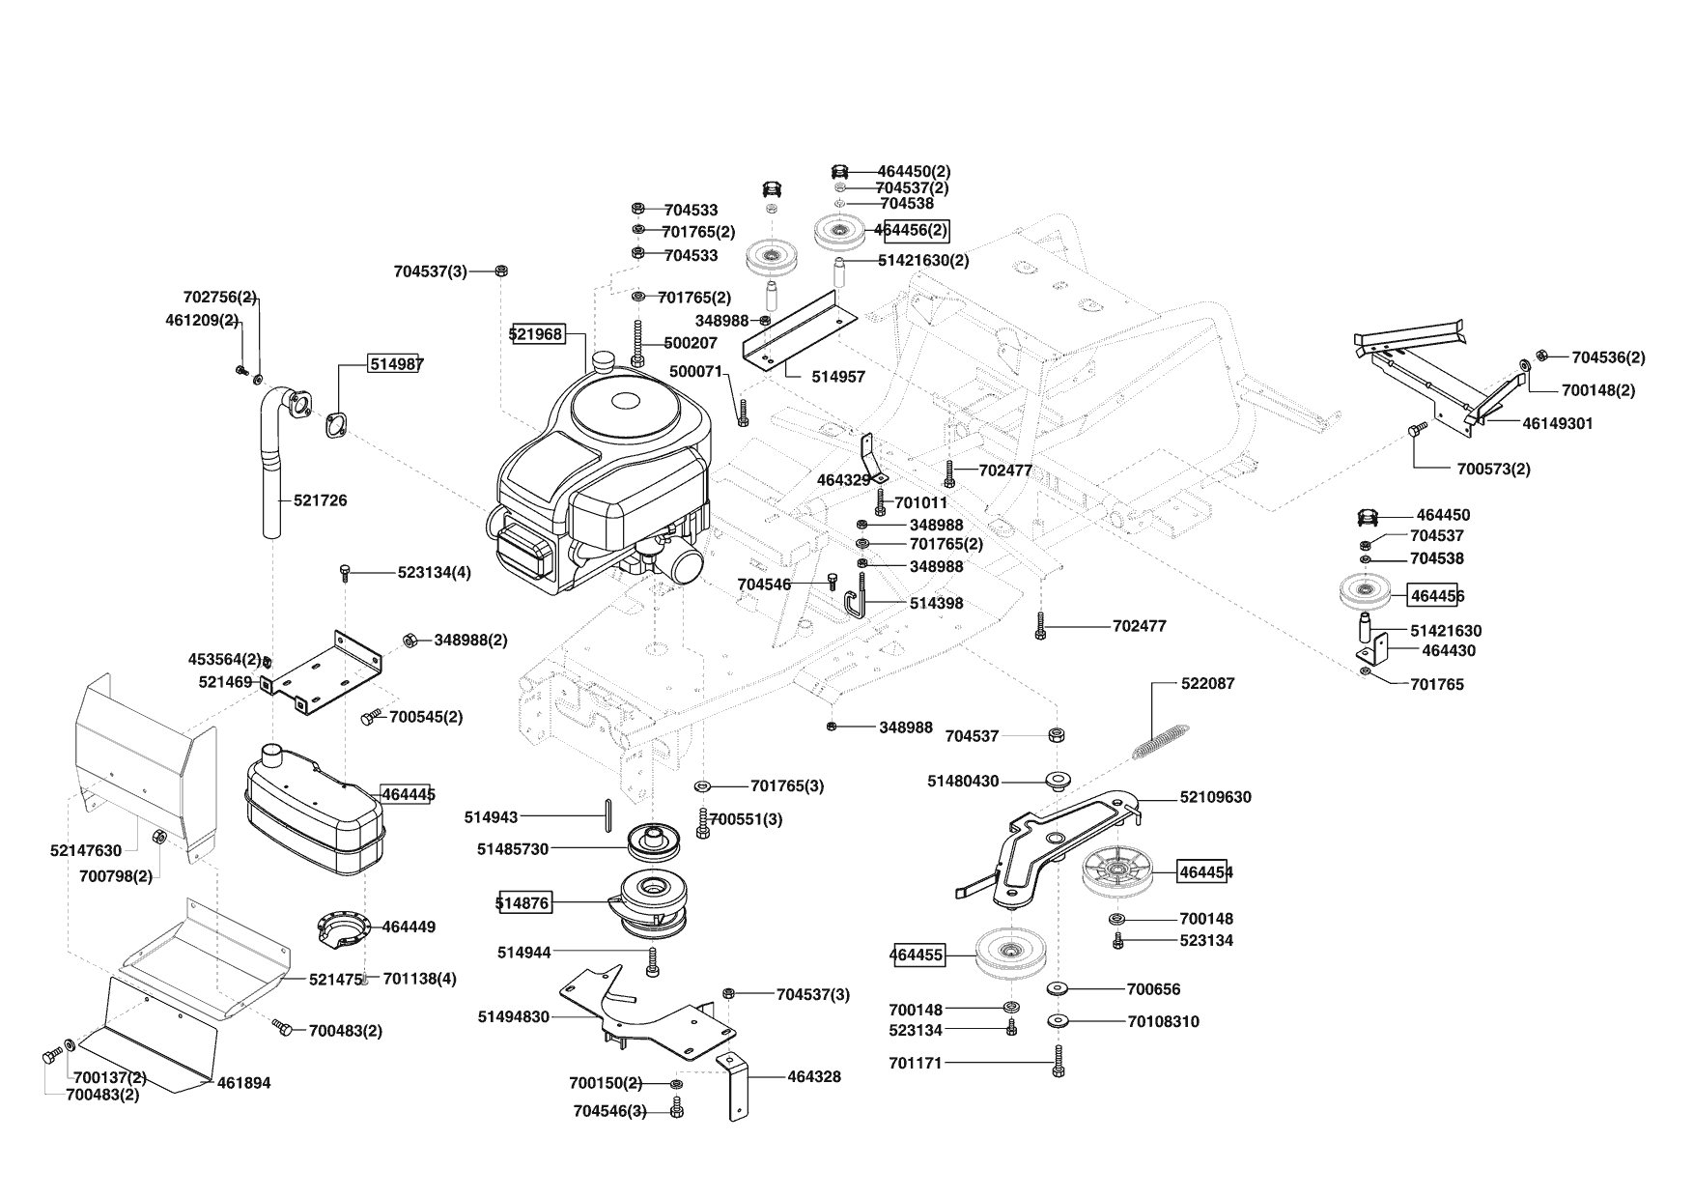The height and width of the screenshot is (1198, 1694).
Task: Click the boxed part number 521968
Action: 536,334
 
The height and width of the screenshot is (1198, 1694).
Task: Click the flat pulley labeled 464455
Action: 1009,954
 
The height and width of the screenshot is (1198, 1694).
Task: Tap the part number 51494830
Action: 514,1016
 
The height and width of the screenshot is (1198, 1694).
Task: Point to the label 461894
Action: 244,1083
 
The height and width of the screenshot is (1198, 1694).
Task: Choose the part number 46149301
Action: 1558,423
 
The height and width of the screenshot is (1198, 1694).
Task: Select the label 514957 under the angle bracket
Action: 838,377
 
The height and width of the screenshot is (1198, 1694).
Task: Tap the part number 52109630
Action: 1215,797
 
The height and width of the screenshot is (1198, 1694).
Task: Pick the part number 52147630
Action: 86,850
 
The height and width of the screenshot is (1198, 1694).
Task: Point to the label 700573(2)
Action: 1493,470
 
